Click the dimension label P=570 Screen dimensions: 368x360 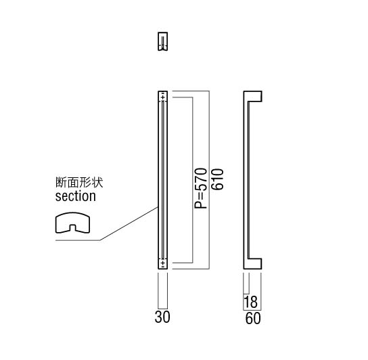201,188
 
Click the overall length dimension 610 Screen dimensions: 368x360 218,179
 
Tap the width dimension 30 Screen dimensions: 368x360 162,317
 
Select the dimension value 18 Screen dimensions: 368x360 251,302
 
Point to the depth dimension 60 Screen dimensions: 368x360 253,319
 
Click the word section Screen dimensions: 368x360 76,196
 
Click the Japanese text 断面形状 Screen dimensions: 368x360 79,182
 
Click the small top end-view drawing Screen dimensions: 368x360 162,41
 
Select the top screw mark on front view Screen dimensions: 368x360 163,97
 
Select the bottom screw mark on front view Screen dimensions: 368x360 163,263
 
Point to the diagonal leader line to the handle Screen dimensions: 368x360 129,224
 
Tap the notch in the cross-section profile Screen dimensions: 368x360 73,228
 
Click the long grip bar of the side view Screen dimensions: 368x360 246,180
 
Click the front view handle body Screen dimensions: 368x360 163,180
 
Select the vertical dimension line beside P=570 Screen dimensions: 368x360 193,180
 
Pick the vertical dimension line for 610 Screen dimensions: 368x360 209,180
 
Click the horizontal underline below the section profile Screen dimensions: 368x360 78,240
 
